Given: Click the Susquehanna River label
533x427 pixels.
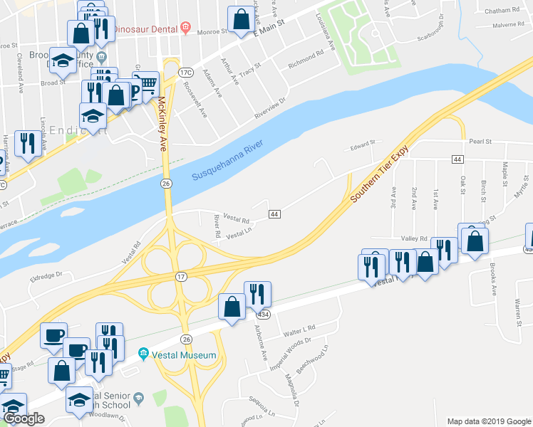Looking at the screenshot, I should [x=228, y=161].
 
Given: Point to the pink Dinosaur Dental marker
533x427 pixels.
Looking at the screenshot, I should [x=185, y=29].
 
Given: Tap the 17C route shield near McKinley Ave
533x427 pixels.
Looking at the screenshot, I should [x=186, y=73].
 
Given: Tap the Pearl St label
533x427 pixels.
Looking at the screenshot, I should [x=480, y=142].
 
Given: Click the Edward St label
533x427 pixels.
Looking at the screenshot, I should [x=362, y=148].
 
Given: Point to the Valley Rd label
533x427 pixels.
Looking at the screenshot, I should [x=413, y=239].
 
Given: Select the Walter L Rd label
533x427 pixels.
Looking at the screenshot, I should [x=299, y=329].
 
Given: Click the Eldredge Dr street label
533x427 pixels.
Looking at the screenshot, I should [x=46, y=275].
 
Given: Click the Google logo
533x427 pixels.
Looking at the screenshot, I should [x=24, y=418].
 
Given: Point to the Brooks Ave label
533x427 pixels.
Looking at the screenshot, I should [x=492, y=280].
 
